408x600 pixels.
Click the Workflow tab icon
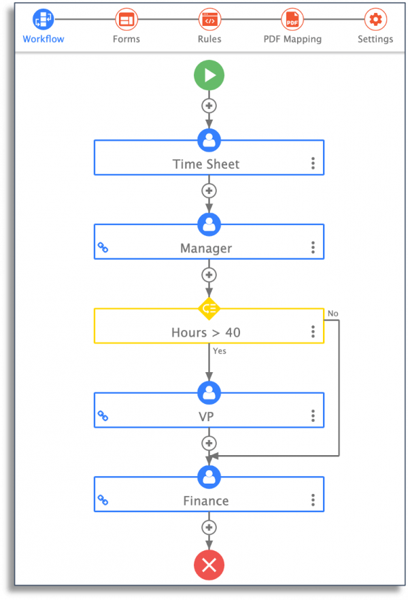click(x=44, y=19)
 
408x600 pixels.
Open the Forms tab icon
click(x=126, y=19)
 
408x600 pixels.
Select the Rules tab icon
click(x=209, y=19)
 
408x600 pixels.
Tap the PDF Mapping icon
click(x=292, y=19)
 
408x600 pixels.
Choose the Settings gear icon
click(x=375, y=19)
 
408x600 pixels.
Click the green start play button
click(x=209, y=75)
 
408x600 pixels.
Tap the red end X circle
click(x=209, y=565)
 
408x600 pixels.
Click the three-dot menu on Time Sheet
click(x=313, y=163)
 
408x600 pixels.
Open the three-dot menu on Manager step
click(x=313, y=248)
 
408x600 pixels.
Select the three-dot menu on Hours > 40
click(x=313, y=332)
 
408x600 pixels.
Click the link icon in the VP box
click(x=103, y=416)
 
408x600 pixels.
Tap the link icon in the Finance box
click(x=103, y=500)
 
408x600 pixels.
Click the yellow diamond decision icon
click(x=209, y=308)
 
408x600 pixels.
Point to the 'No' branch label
click(x=333, y=314)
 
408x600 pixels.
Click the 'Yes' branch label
click(x=220, y=351)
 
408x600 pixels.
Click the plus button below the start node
click(x=209, y=105)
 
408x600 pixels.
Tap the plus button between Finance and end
click(x=209, y=527)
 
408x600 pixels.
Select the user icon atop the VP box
click(x=209, y=393)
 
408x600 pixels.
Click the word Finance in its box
click(x=206, y=501)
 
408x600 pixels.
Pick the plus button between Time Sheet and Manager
click(x=209, y=190)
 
